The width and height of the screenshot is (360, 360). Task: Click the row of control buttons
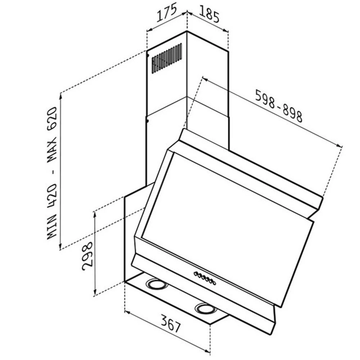coord(204,278)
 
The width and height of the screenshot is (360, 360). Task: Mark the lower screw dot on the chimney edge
coord(148,121)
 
